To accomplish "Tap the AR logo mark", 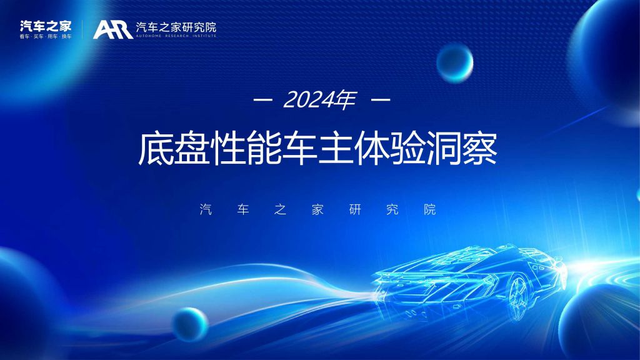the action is (112, 29).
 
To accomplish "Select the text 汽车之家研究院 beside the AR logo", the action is (176, 27).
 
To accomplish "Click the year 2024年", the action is (319, 99).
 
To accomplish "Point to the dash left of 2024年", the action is (263, 99).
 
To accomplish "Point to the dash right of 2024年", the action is (381, 99).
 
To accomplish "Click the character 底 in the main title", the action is (156, 147).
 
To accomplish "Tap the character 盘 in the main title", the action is (192, 147).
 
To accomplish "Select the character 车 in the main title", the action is (299, 147).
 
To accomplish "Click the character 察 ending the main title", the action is (479, 147).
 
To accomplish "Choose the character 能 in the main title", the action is (264, 147).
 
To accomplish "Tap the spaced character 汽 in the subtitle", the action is (206, 209).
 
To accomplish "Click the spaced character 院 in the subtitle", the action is (430, 209).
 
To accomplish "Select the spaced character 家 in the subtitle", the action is (317, 209).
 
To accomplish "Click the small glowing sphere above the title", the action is (455, 63).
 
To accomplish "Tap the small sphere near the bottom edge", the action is (190, 324).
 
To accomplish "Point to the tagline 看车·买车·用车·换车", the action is (46, 37).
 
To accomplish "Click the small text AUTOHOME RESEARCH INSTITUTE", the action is (176, 36).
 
